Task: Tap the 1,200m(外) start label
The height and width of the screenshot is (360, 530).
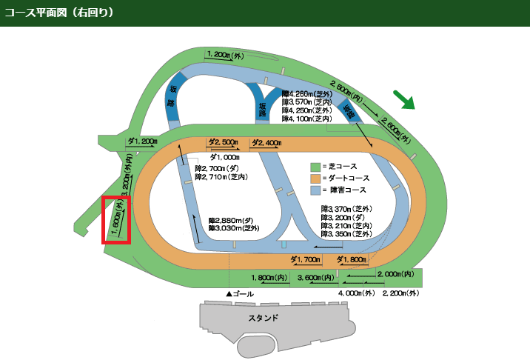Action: tap(225, 55)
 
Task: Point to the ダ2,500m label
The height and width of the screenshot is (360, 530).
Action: tap(222, 142)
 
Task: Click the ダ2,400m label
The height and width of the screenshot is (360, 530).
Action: tap(266, 142)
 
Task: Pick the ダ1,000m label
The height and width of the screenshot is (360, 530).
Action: tap(224, 157)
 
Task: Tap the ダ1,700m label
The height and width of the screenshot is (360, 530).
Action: tap(305, 259)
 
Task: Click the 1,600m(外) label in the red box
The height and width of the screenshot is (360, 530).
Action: tap(117, 219)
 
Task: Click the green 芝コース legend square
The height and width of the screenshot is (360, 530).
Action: tap(314, 167)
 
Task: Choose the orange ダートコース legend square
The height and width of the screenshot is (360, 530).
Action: tap(314, 179)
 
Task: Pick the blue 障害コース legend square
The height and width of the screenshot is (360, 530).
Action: tap(314, 190)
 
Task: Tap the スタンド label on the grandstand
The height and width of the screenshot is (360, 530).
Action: tap(264, 318)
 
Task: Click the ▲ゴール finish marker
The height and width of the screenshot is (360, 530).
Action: tap(240, 294)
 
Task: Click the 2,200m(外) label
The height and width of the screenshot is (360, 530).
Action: tap(400, 293)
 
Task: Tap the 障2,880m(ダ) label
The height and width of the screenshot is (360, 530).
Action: tap(232, 221)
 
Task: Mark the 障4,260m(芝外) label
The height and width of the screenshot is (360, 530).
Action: tap(306, 94)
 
